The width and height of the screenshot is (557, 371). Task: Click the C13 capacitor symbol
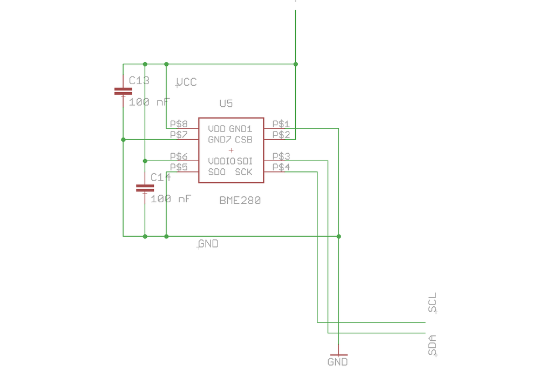click(123, 92)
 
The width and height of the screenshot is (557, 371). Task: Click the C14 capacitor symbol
click(145, 188)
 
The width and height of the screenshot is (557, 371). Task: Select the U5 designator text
click(226, 104)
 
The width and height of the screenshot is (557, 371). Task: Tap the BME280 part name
click(240, 200)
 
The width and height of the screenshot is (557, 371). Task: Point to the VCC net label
click(187, 82)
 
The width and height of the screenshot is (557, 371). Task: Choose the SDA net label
click(432, 345)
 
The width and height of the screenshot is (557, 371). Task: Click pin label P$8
click(179, 124)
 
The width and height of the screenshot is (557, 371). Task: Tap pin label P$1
click(281, 124)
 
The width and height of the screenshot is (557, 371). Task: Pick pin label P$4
click(281, 167)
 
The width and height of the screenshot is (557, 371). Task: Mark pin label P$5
click(179, 167)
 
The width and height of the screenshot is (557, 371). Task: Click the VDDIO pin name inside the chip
click(221, 161)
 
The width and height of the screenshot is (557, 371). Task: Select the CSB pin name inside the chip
click(243, 140)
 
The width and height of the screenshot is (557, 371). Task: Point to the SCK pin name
click(243, 172)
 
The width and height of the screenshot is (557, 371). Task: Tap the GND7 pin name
click(219, 140)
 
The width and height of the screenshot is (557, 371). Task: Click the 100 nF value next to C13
click(150, 102)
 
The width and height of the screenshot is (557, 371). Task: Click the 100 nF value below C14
click(171, 199)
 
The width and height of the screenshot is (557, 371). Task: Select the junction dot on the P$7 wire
click(123, 140)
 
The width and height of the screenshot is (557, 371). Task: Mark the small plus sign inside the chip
click(231, 150)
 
